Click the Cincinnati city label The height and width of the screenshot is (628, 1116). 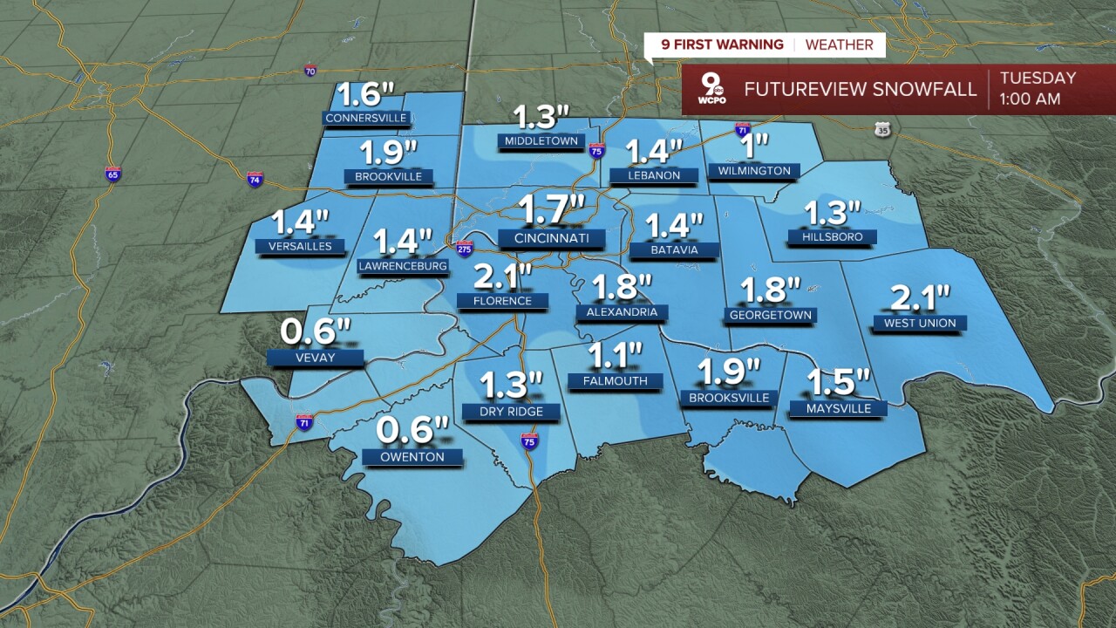click(552, 238)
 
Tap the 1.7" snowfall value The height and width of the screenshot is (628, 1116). click(551, 210)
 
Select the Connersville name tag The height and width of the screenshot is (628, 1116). click(366, 118)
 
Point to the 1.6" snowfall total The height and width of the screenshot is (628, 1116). click(367, 93)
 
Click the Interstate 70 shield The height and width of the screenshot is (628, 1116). click(310, 70)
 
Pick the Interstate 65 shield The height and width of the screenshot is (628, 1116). click(112, 174)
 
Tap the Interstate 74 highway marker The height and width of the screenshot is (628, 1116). click(255, 179)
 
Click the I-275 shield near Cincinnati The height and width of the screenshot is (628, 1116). click(465, 248)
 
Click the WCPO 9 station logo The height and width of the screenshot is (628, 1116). click(711, 90)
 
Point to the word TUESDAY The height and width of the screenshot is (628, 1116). click(1038, 78)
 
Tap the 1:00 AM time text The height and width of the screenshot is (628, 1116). click(1030, 99)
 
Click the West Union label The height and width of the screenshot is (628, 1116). click(920, 324)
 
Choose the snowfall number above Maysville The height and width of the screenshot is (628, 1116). click(838, 382)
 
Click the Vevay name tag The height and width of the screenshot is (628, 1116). click(314, 358)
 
